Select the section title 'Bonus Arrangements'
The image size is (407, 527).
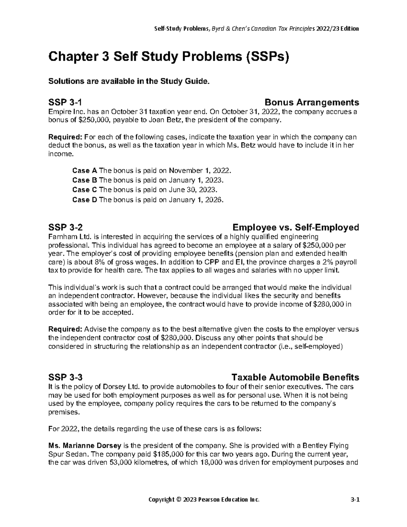click(312, 102)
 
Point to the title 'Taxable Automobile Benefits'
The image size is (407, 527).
click(295, 377)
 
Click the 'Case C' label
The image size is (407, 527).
click(81, 190)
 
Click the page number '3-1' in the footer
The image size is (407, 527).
click(355, 509)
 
